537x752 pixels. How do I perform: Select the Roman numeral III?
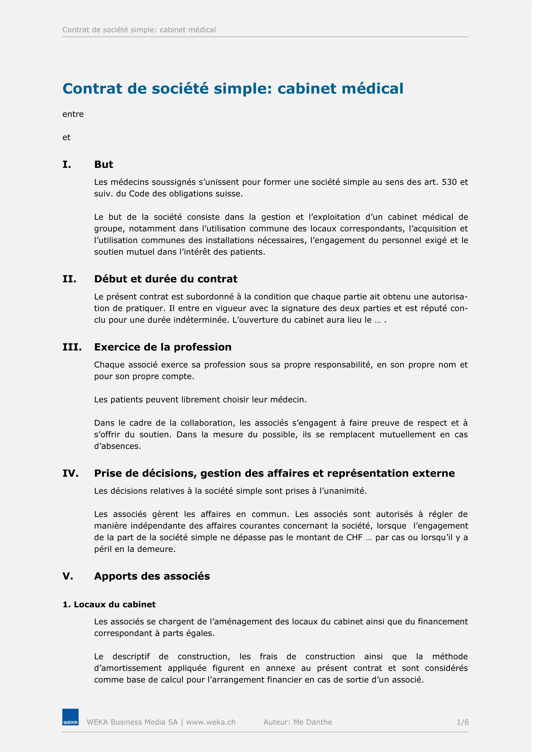pyautogui.click(x=72, y=347)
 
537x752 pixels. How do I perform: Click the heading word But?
pyautogui.click(x=104, y=164)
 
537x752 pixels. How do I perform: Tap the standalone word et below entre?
pyautogui.click(x=66, y=137)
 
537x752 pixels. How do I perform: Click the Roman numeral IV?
pyautogui.click(x=70, y=473)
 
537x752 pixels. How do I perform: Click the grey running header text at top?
pyautogui.click(x=139, y=30)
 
